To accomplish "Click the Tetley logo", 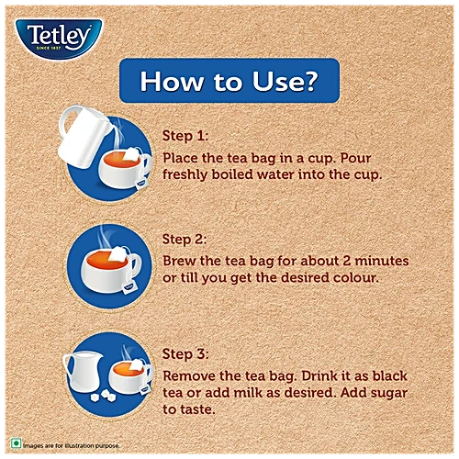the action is point(59,39).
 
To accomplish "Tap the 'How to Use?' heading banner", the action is point(229,81).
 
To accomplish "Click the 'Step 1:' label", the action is point(185,136).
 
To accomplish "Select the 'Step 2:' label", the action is point(185,240).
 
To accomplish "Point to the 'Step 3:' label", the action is point(185,354).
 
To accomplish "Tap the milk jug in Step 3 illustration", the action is point(83,373).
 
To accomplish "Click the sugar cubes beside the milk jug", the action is point(104,396).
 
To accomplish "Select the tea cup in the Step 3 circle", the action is point(130,376).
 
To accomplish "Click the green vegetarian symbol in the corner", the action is point(16,443).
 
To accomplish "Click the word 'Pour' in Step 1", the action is point(355,158).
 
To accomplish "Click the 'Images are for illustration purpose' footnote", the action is point(72,445).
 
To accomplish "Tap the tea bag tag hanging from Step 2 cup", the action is point(129,287).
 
